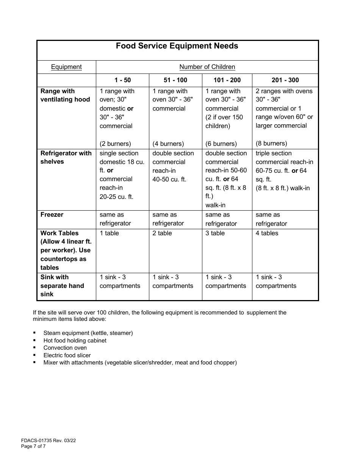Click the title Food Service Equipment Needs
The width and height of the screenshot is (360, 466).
(x=177, y=46)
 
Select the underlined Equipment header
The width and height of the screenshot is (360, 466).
(x=66, y=67)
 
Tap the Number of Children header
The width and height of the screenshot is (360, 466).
(x=207, y=67)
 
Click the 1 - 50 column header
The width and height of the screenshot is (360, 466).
(x=122, y=80)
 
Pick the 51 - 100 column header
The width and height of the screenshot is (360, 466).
(x=175, y=80)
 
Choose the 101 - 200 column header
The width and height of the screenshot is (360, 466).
(x=227, y=80)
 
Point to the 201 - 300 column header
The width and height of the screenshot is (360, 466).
(x=285, y=80)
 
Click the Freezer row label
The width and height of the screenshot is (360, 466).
(x=52, y=215)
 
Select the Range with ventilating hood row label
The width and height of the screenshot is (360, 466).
(x=65, y=95)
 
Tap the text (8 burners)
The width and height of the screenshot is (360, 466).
(x=271, y=144)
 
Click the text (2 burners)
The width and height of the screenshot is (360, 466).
(x=115, y=144)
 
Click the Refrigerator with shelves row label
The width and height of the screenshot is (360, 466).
(x=66, y=158)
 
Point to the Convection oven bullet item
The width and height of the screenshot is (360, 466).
(x=65, y=348)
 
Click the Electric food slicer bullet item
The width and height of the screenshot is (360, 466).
(x=67, y=355)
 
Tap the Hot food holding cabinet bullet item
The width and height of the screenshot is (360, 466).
(x=75, y=341)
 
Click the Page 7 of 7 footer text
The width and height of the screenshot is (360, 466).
(x=33, y=446)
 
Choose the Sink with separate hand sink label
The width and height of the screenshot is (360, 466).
(x=62, y=286)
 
